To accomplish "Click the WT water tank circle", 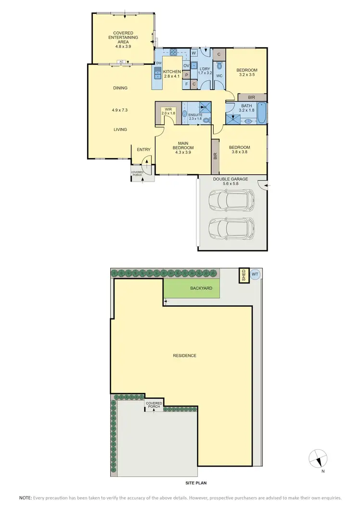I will [255, 275].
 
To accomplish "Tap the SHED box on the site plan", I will [244, 275].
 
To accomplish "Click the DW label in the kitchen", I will [158, 63].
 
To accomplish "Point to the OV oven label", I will [186, 66].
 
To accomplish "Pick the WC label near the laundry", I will [219, 76].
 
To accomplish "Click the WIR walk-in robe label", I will [168, 109].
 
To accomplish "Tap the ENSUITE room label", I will [195, 115].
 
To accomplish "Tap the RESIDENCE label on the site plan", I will [185, 355].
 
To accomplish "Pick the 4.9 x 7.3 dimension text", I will [119, 110].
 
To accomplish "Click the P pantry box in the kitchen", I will [186, 75].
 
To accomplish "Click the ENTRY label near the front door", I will [143, 150].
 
